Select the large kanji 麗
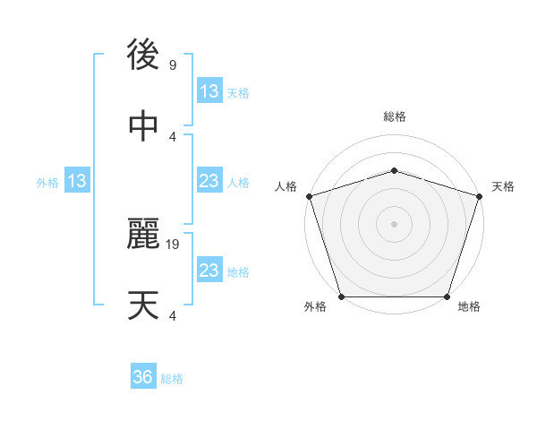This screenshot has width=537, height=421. [x=143, y=236]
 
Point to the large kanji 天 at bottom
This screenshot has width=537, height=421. [x=143, y=305]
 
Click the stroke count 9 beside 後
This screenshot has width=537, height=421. [x=173, y=65]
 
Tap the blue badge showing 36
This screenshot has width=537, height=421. [x=143, y=377]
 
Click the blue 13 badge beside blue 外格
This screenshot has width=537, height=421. [x=77, y=182]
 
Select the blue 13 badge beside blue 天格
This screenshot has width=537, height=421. [x=209, y=91]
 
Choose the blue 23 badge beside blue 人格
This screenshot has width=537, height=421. [x=209, y=182]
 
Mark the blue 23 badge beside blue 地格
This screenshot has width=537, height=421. [x=209, y=271]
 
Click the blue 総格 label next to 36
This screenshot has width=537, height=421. [x=172, y=379]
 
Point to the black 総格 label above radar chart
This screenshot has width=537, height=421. [x=394, y=116]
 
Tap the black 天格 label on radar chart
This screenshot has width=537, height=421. [x=503, y=186]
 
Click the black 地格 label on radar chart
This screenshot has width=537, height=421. [x=469, y=307]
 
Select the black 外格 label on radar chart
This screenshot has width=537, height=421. [x=315, y=307]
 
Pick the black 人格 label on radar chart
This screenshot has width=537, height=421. [x=286, y=186]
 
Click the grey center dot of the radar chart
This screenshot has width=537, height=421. [x=394, y=223]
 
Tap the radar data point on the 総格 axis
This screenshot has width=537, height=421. [x=394, y=170]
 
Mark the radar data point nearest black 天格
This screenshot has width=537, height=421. [x=479, y=195]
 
